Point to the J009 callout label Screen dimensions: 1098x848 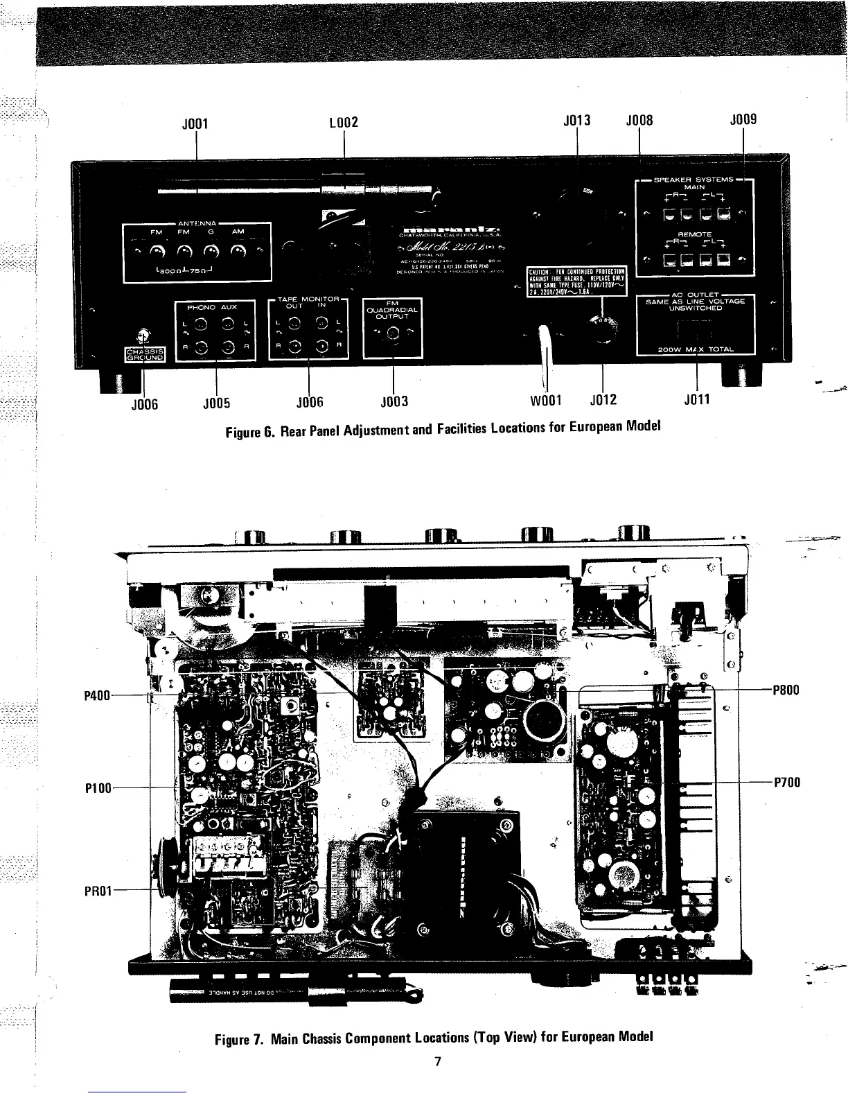pyautogui.click(x=743, y=119)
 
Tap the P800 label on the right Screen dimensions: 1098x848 pyautogui.click(x=786, y=690)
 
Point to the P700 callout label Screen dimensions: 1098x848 pyautogui.click(x=786, y=783)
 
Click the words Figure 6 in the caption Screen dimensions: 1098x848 pyautogui.click(x=251, y=433)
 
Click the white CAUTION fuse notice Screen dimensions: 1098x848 pyautogui.click(x=577, y=281)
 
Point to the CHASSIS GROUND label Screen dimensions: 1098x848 pyautogui.click(x=144, y=355)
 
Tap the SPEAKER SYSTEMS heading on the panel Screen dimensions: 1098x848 pyautogui.click(x=694, y=180)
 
